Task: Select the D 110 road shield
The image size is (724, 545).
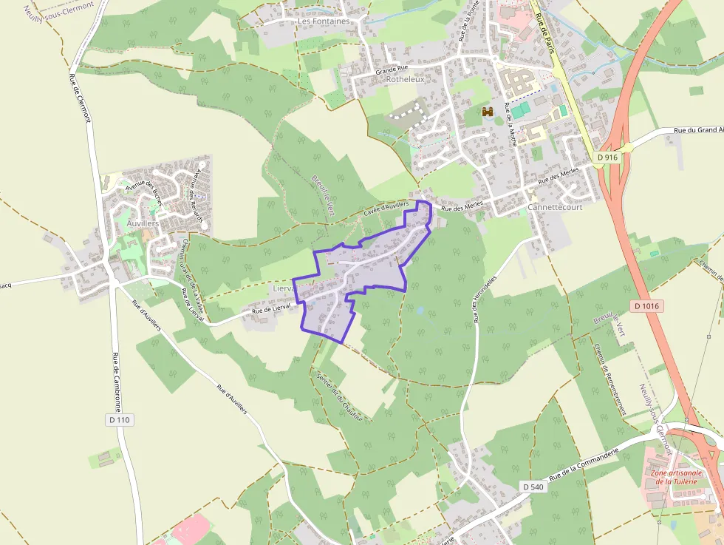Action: click(119, 419)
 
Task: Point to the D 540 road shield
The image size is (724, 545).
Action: click(533, 487)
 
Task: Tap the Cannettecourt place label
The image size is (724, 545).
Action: click(555, 207)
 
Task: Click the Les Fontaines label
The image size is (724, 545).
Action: click(324, 21)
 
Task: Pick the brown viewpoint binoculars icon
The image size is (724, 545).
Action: click(488, 112)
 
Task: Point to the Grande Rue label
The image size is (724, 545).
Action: click(392, 71)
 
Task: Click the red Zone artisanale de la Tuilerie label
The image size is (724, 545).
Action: click(675, 476)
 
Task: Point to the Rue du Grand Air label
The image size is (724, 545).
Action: click(697, 130)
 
